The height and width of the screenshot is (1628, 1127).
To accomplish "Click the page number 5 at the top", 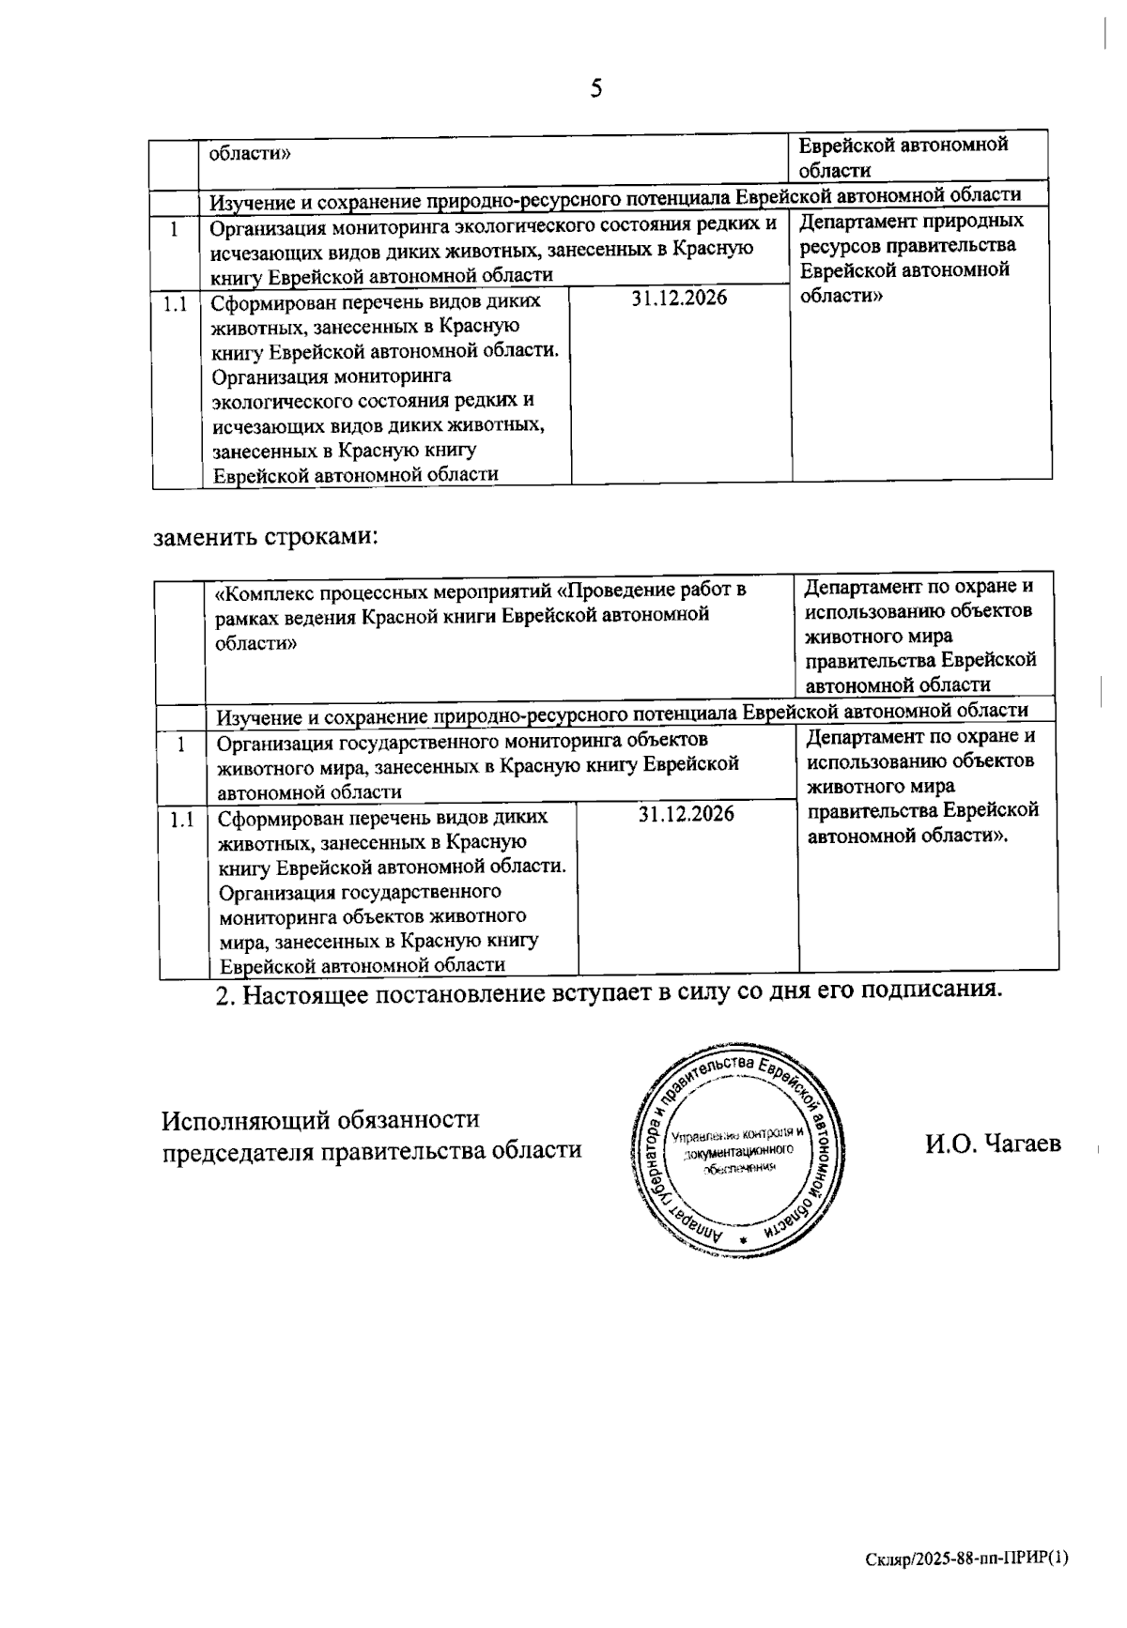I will pyautogui.click(x=595, y=89).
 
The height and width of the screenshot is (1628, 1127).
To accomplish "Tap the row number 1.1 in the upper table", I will pyautogui.click(x=175, y=304).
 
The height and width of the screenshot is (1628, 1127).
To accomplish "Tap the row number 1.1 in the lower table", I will pyautogui.click(x=181, y=820).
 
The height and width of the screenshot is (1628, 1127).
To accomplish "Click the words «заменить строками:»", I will pyautogui.click(x=266, y=538).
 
